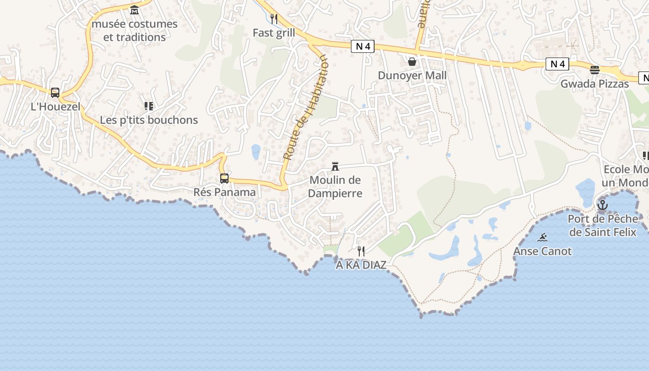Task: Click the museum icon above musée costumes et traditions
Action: coord(134,10)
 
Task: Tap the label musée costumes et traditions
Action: coord(134,31)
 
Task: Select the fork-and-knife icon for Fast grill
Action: coord(274,19)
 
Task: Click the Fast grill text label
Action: coord(274,33)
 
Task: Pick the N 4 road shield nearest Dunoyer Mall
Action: coord(363,46)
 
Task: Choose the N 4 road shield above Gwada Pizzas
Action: coord(557,64)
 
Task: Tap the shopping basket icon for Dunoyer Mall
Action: coord(412,62)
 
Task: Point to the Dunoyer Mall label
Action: coord(412,76)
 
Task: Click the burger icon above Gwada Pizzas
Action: coord(595,70)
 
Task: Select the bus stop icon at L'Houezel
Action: coord(55,93)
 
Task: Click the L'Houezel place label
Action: coord(56,107)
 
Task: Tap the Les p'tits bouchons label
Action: coord(149,120)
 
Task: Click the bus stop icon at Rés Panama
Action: coord(224,178)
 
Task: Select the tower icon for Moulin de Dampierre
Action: coord(335,166)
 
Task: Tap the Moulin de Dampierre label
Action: coord(335,186)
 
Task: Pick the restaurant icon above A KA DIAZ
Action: coord(361,251)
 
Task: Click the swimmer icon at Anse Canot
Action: coord(542,238)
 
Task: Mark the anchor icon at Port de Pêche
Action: coord(602,205)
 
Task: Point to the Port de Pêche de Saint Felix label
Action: coord(603,225)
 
